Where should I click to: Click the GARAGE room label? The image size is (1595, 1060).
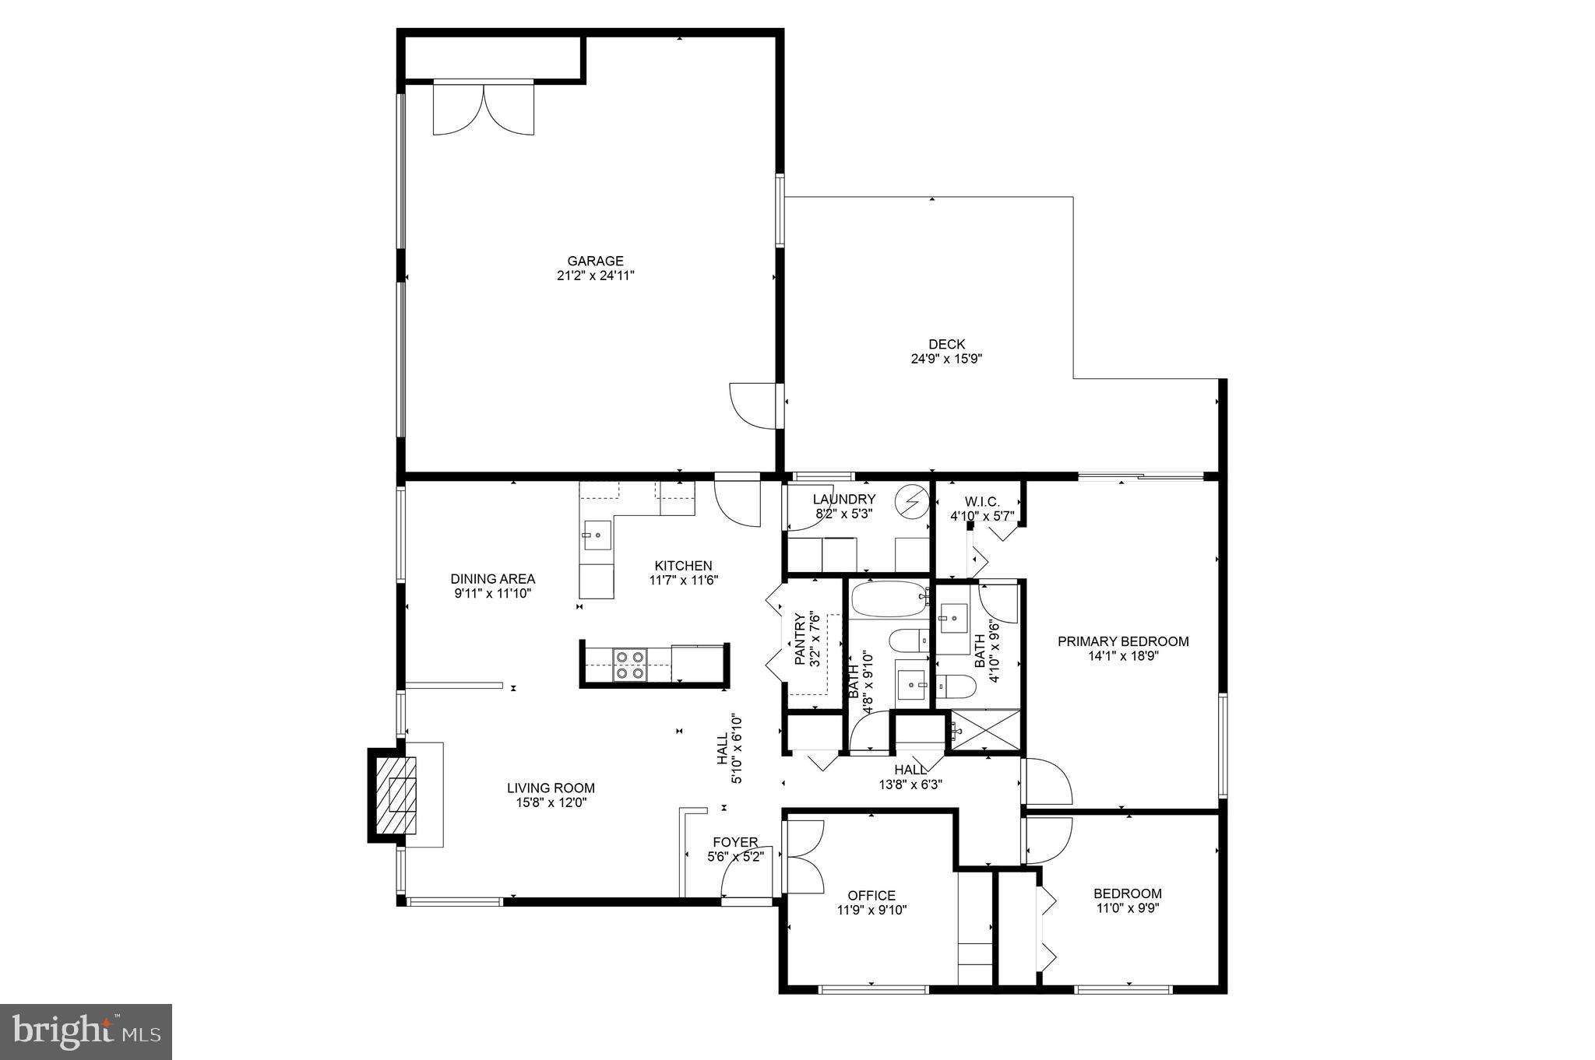click(595, 261)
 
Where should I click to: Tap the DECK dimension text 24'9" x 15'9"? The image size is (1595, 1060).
click(946, 359)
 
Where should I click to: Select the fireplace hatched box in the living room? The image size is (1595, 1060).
click(403, 795)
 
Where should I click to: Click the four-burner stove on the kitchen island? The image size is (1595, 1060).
click(629, 665)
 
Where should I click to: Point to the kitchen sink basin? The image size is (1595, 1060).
click(597, 535)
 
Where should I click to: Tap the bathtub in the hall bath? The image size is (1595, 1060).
click(889, 600)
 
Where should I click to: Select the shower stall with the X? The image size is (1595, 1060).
click(984, 731)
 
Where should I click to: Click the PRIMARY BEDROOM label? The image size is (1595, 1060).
click(1122, 641)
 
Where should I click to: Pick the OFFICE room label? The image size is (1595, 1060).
click(871, 895)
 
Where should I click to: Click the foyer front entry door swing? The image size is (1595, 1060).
click(745, 873)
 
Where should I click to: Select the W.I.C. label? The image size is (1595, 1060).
click(981, 502)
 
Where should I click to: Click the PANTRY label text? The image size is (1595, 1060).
click(800, 639)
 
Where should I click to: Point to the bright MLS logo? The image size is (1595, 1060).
click(86, 1031)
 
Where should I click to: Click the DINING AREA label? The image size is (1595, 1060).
click(492, 579)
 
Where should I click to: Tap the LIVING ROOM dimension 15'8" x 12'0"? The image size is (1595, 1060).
click(551, 802)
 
